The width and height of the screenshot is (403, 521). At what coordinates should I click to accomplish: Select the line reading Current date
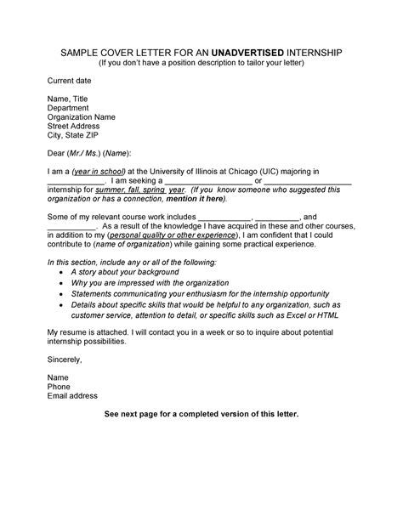[69, 80]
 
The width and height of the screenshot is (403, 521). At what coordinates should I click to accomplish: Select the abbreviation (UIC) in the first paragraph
[278, 172]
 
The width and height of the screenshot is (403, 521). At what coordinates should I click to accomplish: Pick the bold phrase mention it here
[200, 199]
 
